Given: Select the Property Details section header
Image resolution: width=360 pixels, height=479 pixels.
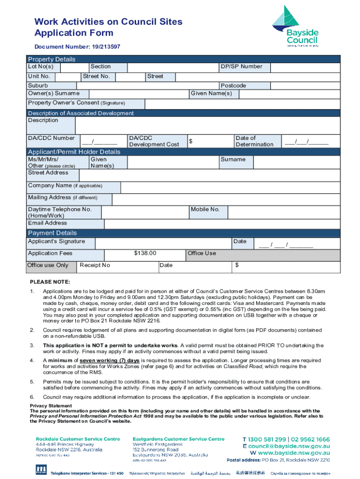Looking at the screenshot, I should click(x=51, y=59).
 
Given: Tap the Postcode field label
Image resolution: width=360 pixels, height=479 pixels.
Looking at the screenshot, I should click(x=233, y=86).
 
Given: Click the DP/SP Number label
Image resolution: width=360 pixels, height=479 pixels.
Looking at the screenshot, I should click(x=241, y=66).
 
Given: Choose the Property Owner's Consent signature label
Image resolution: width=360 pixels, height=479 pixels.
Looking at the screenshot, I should click(x=77, y=103).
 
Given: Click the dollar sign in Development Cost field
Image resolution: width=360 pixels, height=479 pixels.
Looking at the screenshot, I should click(x=191, y=141).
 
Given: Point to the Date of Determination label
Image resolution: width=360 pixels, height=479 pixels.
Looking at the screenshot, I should click(x=254, y=141).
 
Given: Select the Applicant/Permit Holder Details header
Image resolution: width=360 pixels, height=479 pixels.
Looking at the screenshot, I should click(x=74, y=152).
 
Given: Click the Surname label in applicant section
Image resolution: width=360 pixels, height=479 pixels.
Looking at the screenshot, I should click(x=233, y=160).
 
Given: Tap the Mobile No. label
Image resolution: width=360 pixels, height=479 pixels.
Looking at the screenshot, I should click(x=205, y=210).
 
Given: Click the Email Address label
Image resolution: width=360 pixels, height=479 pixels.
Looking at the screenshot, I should click(x=47, y=223).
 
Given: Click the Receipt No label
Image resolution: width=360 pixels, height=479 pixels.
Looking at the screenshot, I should click(x=95, y=265).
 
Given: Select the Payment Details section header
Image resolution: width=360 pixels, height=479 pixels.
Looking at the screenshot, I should click(x=52, y=233).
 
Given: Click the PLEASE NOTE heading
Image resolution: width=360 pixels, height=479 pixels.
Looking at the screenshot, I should click(x=50, y=282).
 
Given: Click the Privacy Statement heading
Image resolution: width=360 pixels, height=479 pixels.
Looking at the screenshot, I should click(x=51, y=406).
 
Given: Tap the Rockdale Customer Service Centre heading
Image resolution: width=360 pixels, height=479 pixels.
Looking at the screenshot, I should click(x=78, y=439).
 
